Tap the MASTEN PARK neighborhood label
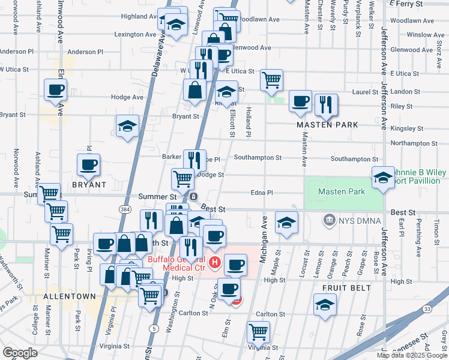pyautogui.click(x=328, y=125)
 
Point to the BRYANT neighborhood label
pyautogui.click(x=89, y=185)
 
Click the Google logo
pyautogui.click(x=20, y=353)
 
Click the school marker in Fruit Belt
pyautogui.click(x=325, y=304)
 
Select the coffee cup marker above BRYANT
pyautogui.click(x=88, y=165)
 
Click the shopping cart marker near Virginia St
pyautogui.click(x=258, y=331)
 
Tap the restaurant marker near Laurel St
pyautogui.click(x=326, y=104)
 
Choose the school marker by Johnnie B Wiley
pyautogui.click(x=383, y=177)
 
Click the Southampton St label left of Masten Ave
pyautogui.click(x=258, y=158)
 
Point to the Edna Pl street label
pyautogui.click(x=262, y=193)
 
